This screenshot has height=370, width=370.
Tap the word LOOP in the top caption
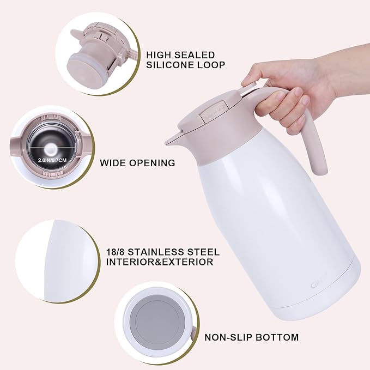coord(210,65)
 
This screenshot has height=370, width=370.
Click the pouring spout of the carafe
coord(172,140)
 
